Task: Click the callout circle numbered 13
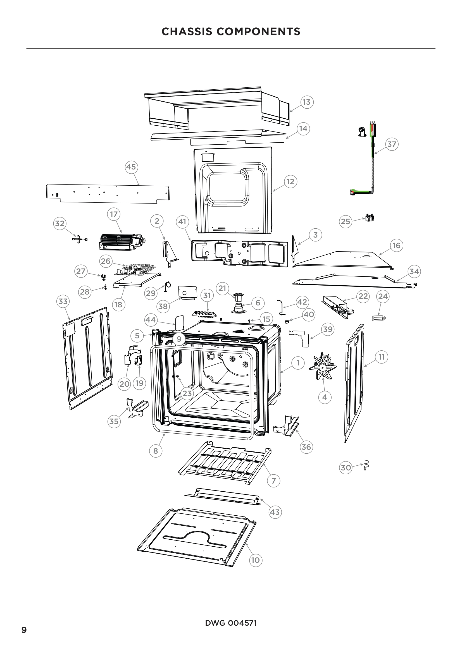(x=307, y=102)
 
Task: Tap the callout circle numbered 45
(x=131, y=167)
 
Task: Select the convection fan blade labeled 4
(x=323, y=368)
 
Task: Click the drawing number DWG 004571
(x=231, y=623)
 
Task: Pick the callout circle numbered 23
(x=187, y=394)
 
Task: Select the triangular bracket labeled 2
(x=170, y=253)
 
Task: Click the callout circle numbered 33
(x=63, y=301)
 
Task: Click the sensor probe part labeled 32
(x=80, y=240)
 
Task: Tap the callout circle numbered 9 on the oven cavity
(x=179, y=339)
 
